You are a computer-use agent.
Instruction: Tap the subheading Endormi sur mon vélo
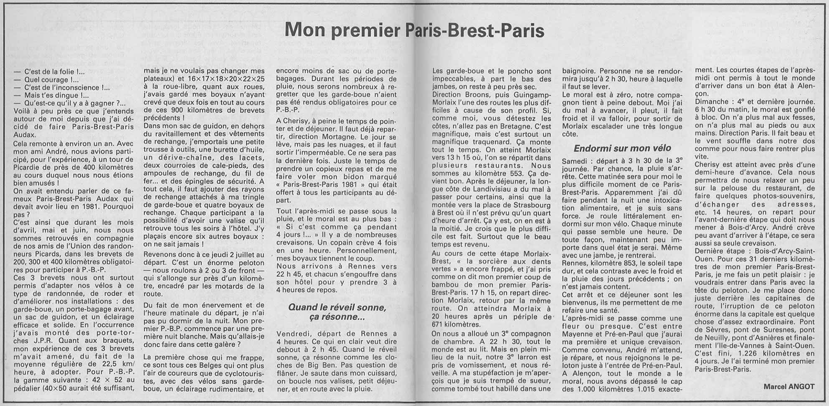(x=622, y=148)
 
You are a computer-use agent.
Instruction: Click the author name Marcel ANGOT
(x=789, y=387)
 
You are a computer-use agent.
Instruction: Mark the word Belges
(x=207, y=365)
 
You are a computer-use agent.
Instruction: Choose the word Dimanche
(x=713, y=102)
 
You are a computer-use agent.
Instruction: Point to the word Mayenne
(x=579, y=335)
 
